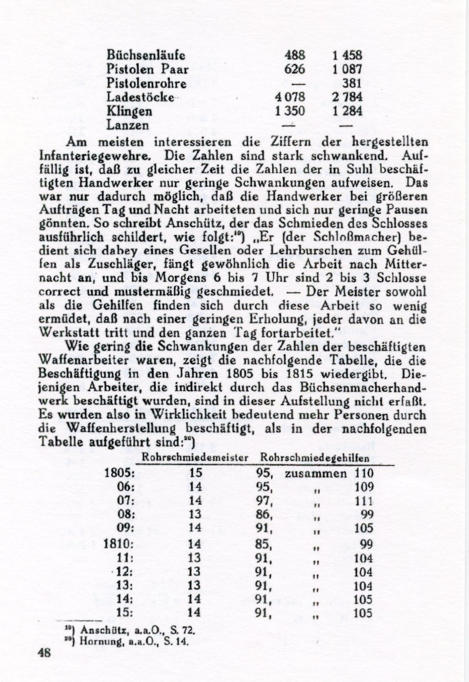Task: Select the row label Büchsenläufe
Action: click(146, 55)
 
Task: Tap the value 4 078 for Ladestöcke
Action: click(290, 97)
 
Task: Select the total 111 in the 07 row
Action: click(364, 501)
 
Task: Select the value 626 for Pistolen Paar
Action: click(295, 69)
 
